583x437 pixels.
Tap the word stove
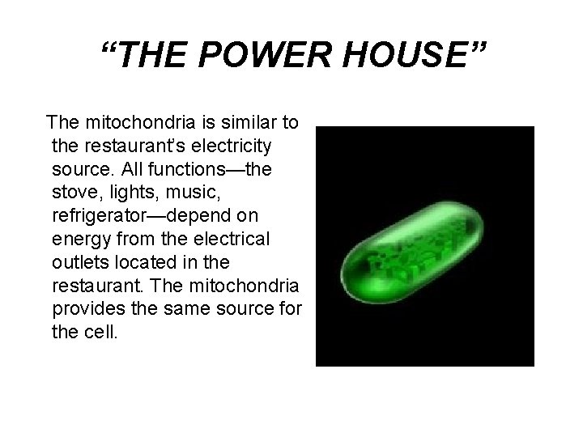(x=74, y=194)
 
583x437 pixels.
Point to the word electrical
(x=230, y=241)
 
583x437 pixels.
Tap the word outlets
(x=80, y=265)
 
